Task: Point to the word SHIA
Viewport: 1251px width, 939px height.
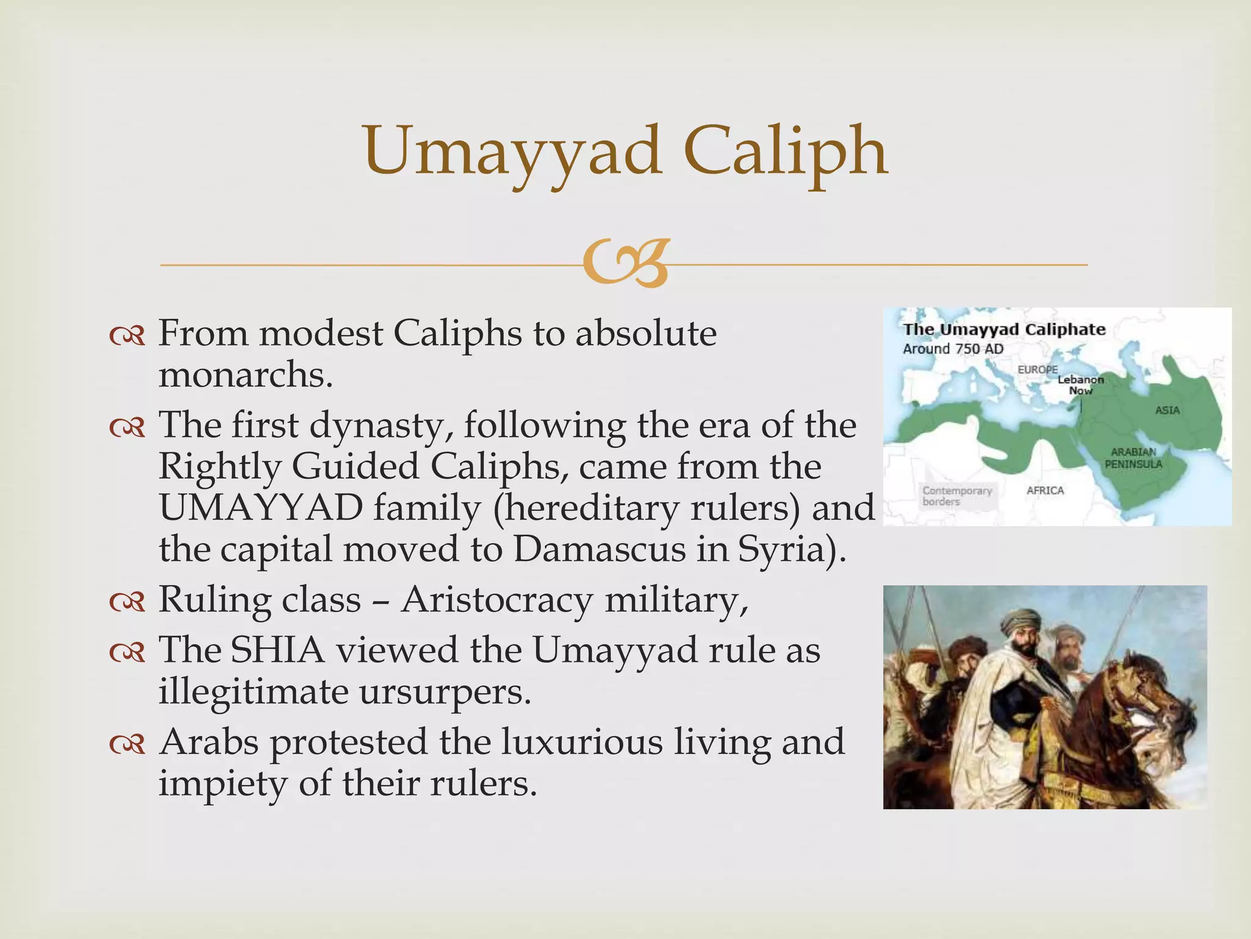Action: [x=277, y=650]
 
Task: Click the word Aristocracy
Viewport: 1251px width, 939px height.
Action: [x=497, y=600]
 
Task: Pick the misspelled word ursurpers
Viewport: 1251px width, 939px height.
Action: [x=444, y=691]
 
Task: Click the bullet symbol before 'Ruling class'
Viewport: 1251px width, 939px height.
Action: [x=127, y=603]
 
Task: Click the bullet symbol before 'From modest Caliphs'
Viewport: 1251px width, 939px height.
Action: [x=127, y=336]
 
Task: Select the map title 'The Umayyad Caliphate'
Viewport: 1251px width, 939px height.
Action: [x=1004, y=330]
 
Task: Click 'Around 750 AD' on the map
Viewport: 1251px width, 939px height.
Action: [x=953, y=349]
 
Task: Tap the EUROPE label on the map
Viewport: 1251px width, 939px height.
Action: [x=1037, y=370]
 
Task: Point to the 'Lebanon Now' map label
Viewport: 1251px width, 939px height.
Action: [x=1081, y=385]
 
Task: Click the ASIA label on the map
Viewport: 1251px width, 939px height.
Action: [x=1167, y=410]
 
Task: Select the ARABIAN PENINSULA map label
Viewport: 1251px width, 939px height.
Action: [x=1133, y=458]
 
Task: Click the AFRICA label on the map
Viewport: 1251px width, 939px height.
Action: [x=1045, y=490]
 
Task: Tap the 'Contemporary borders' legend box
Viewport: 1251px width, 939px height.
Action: [x=957, y=496]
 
